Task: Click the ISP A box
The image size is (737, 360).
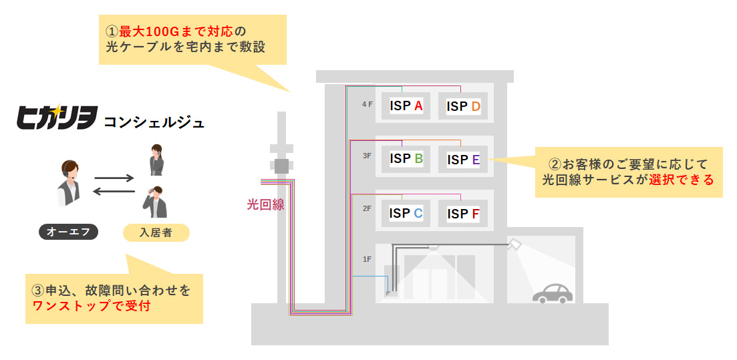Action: (x=406, y=106)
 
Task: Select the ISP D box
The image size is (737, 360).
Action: (x=464, y=107)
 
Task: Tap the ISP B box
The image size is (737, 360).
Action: (x=406, y=159)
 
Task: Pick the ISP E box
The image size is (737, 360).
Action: (x=464, y=160)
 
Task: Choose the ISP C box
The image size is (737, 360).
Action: (x=406, y=213)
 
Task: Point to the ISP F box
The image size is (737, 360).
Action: (x=464, y=214)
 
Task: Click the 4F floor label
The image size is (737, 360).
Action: (x=367, y=104)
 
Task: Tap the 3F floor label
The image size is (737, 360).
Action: (x=367, y=156)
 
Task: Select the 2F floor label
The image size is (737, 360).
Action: (x=367, y=208)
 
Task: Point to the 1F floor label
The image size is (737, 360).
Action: (x=367, y=259)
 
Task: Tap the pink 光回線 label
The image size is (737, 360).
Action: (x=265, y=205)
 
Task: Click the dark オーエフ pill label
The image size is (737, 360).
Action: (x=69, y=232)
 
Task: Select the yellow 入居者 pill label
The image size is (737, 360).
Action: (x=156, y=232)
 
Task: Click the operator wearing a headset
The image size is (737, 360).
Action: (x=69, y=183)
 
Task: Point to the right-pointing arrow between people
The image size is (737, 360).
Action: (x=114, y=178)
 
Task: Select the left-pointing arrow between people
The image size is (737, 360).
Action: (x=114, y=191)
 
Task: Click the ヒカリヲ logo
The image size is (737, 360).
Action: (x=57, y=117)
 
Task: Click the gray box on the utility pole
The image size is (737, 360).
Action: (x=281, y=166)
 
